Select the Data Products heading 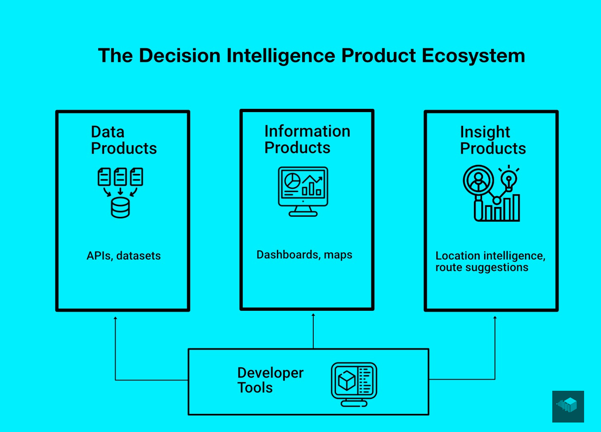[x=123, y=140]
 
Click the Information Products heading [x=307, y=139]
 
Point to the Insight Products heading [x=493, y=140]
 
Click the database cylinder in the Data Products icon [x=120, y=207]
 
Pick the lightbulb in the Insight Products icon [x=509, y=180]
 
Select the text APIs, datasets [x=123, y=256]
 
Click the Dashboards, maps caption [x=304, y=255]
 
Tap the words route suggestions [x=482, y=268]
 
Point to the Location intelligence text [x=490, y=256]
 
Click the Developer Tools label [x=270, y=380]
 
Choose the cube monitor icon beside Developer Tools [x=354, y=383]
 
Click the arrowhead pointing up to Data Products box [x=116, y=318]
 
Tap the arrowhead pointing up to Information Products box [x=313, y=315]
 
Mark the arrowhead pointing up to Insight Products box [x=495, y=318]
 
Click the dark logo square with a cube [x=568, y=406]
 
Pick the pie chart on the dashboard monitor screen [x=293, y=180]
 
